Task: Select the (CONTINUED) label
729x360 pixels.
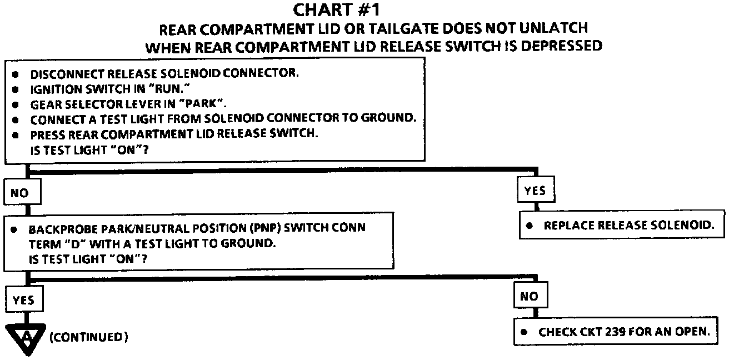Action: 89,337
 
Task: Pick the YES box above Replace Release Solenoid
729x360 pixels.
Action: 535,191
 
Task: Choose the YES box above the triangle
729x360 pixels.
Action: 23,301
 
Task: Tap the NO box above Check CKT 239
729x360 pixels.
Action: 529,297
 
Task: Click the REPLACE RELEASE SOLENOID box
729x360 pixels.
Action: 622,226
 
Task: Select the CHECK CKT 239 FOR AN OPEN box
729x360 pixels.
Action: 618,332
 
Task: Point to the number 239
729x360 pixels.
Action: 627,332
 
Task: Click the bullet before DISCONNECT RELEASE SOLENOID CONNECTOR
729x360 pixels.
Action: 17,74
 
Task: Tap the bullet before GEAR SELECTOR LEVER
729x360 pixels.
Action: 17,104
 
